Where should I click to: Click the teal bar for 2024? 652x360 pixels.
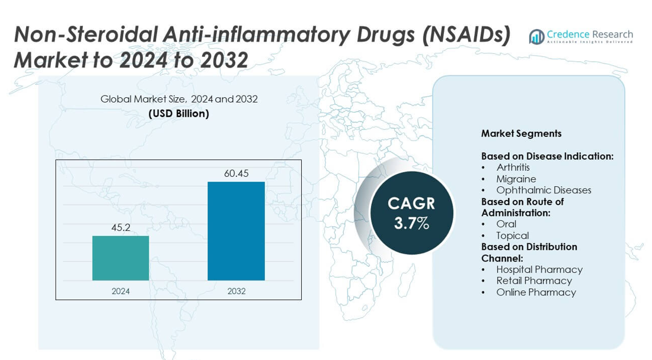coord(120,258)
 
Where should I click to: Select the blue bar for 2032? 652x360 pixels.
coord(236,231)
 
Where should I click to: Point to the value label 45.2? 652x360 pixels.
coord(120,227)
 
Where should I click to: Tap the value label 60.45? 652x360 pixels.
coord(236,173)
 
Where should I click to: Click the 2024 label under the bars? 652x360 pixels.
coord(120,291)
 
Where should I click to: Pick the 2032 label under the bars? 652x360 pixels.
coord(236,291)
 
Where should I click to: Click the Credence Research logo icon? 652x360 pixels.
coord(537,37)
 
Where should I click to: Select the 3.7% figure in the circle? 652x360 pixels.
coord(411,224)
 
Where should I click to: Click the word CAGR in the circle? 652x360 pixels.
coord(411,204)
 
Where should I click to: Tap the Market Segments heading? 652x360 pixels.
coord(521,133)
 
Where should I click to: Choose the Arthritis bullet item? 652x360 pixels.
coord(513,167)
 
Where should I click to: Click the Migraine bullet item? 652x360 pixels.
coord(516,179)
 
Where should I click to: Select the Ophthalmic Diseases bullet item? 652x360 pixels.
coord(544,190)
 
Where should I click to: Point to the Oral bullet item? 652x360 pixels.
coord(506,224)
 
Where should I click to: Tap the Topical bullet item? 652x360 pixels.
coord(512,235)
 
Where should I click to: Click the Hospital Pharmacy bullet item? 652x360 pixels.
coord(539,269)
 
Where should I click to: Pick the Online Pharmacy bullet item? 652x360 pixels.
coord(536,292)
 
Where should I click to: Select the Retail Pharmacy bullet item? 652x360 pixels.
coord(534,281)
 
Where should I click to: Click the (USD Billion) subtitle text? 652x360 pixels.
coord(179,113)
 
